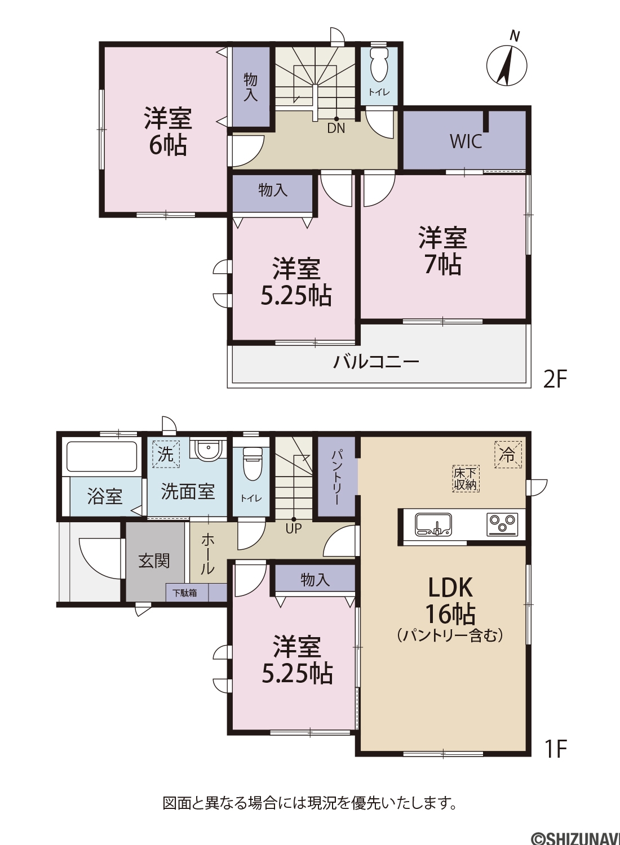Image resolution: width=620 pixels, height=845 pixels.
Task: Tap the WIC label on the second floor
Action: tap(466, 141)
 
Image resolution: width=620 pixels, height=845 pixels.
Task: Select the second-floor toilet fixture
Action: tap(379, 66)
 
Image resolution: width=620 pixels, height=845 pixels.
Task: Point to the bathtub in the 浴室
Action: tap(102, 456)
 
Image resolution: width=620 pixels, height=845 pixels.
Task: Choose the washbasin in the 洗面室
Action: tap(207, 450)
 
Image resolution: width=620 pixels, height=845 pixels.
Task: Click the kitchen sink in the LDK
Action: tap(433, 524)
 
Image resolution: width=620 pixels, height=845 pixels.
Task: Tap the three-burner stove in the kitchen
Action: tap(502, 524)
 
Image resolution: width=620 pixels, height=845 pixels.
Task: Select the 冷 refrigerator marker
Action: tap(508, 455)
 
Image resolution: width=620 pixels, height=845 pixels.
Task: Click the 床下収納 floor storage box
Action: tap(466, 478)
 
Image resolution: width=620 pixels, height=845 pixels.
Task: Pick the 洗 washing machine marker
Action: tap(166, 454)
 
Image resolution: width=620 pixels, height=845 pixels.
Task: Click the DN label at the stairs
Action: tap(336, 128)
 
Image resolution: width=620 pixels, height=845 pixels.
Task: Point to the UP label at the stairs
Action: tap(294, 528)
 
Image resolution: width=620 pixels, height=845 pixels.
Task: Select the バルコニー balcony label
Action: tap(376, 362)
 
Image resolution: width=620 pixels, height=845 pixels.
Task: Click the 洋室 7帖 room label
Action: tap(442, 251)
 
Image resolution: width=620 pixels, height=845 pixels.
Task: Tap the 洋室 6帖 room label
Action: tap(168, 132)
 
